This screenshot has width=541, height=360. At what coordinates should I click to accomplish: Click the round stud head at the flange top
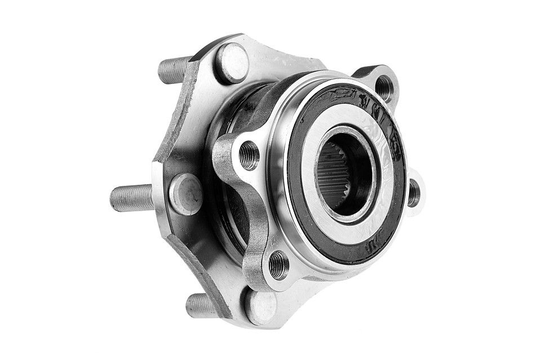coord(233,63)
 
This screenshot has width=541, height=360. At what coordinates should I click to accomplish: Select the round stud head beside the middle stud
coord(185,193)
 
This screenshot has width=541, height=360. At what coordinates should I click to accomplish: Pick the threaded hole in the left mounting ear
coord(249,155)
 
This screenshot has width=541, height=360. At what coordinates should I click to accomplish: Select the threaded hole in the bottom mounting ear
coord(278,265)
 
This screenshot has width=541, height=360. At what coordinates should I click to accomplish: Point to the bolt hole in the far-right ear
coord(414,193)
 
